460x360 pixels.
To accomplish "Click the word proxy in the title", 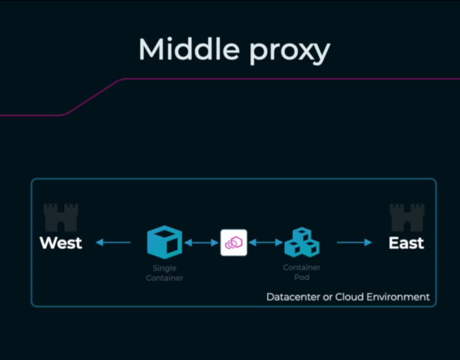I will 290,51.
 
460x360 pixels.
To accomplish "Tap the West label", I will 61,243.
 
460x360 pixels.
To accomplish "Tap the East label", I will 406,243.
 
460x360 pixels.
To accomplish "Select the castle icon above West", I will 61,217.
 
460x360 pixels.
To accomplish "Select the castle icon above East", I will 407,217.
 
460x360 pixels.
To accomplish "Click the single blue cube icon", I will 165,242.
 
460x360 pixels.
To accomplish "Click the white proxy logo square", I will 234,242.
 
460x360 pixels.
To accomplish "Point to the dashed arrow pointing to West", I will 113,242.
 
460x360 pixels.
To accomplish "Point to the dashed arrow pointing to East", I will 354,242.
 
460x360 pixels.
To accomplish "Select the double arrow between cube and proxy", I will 201,242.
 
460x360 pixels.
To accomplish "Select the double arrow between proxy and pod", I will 266,242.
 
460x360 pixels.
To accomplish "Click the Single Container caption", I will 165,273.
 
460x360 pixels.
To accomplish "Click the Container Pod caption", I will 302,272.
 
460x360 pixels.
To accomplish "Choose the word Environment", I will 398,297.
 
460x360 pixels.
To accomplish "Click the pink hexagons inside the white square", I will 234,242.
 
